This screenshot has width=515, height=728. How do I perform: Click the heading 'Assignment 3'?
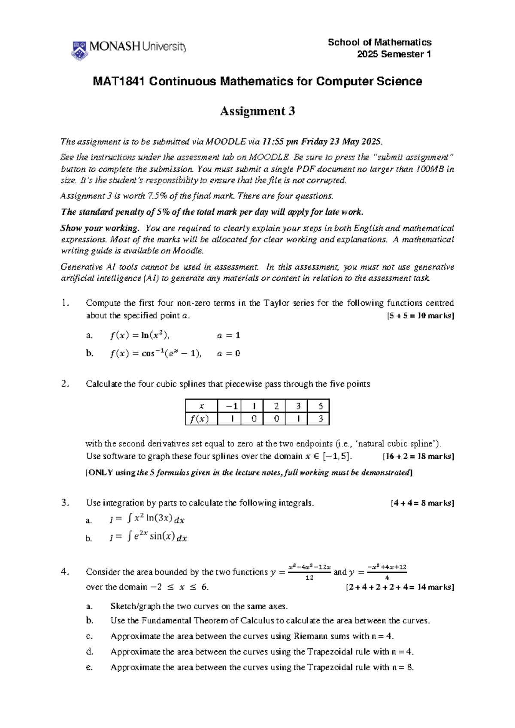coord(257,111)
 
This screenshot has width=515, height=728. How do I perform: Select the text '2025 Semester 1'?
coord(394,54)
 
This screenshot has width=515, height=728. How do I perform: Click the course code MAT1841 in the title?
coord(119,81)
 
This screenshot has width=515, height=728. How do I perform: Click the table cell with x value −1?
coord(229,406)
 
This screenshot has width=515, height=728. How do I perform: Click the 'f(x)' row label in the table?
coord(201,419)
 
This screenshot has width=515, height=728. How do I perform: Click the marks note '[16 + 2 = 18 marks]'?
coord(418,457)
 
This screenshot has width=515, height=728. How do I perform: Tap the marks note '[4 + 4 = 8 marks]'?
coord(422,503)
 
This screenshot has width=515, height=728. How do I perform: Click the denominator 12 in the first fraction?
coord(309,578)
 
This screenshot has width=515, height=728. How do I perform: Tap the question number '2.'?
coord(65,384)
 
